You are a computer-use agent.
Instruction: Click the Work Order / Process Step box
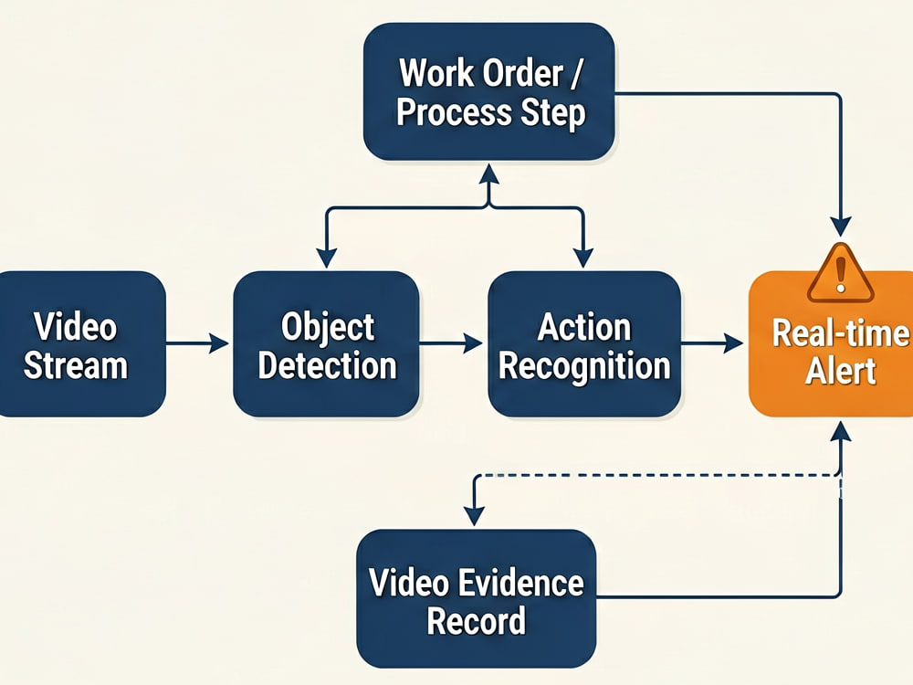click(x=488, y=91)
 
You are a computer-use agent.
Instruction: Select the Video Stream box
click(x=81, y=343)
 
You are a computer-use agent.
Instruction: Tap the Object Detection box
click(x=326, y=343)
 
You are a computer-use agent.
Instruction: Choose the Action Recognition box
click(x=584, y=343)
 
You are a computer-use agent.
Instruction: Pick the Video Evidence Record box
click(x=477, y=598)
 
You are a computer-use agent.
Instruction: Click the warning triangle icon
click(x=840, y=272)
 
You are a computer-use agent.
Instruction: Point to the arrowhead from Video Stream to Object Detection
click(x=219, y=343)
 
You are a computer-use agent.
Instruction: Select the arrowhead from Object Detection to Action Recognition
click(x=472, y=343)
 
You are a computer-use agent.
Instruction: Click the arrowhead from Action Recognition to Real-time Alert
click(x=733, y=343)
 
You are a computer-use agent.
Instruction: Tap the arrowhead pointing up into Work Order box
click(x=489, y=174)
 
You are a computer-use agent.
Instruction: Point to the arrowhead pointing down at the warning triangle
click(x=841, y=226)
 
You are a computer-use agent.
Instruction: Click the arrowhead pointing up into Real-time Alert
click(x=841, y=432)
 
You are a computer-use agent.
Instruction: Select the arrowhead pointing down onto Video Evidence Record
click(x=474, y=515)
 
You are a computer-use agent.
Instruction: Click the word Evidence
click(x=521, y=583)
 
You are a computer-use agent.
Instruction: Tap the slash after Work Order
click(x=575, y=73)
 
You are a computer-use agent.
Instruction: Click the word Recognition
click(x=584, y=367)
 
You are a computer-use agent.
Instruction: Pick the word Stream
click(x=75, y=366)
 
